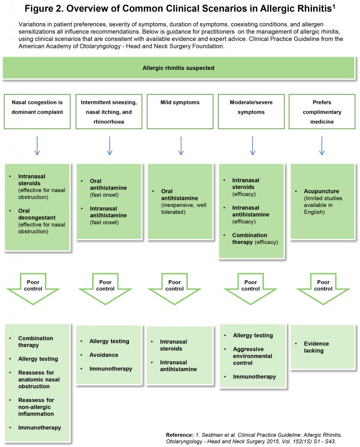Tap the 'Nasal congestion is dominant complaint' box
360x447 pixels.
pos(37,112)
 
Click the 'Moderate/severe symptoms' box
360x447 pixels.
pos(251,112)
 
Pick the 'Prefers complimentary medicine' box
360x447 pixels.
pos(322,112)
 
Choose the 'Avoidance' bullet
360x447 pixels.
pos(104,355)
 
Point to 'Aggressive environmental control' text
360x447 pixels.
pos(253,356)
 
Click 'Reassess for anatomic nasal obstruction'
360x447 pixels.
pos(39,379)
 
